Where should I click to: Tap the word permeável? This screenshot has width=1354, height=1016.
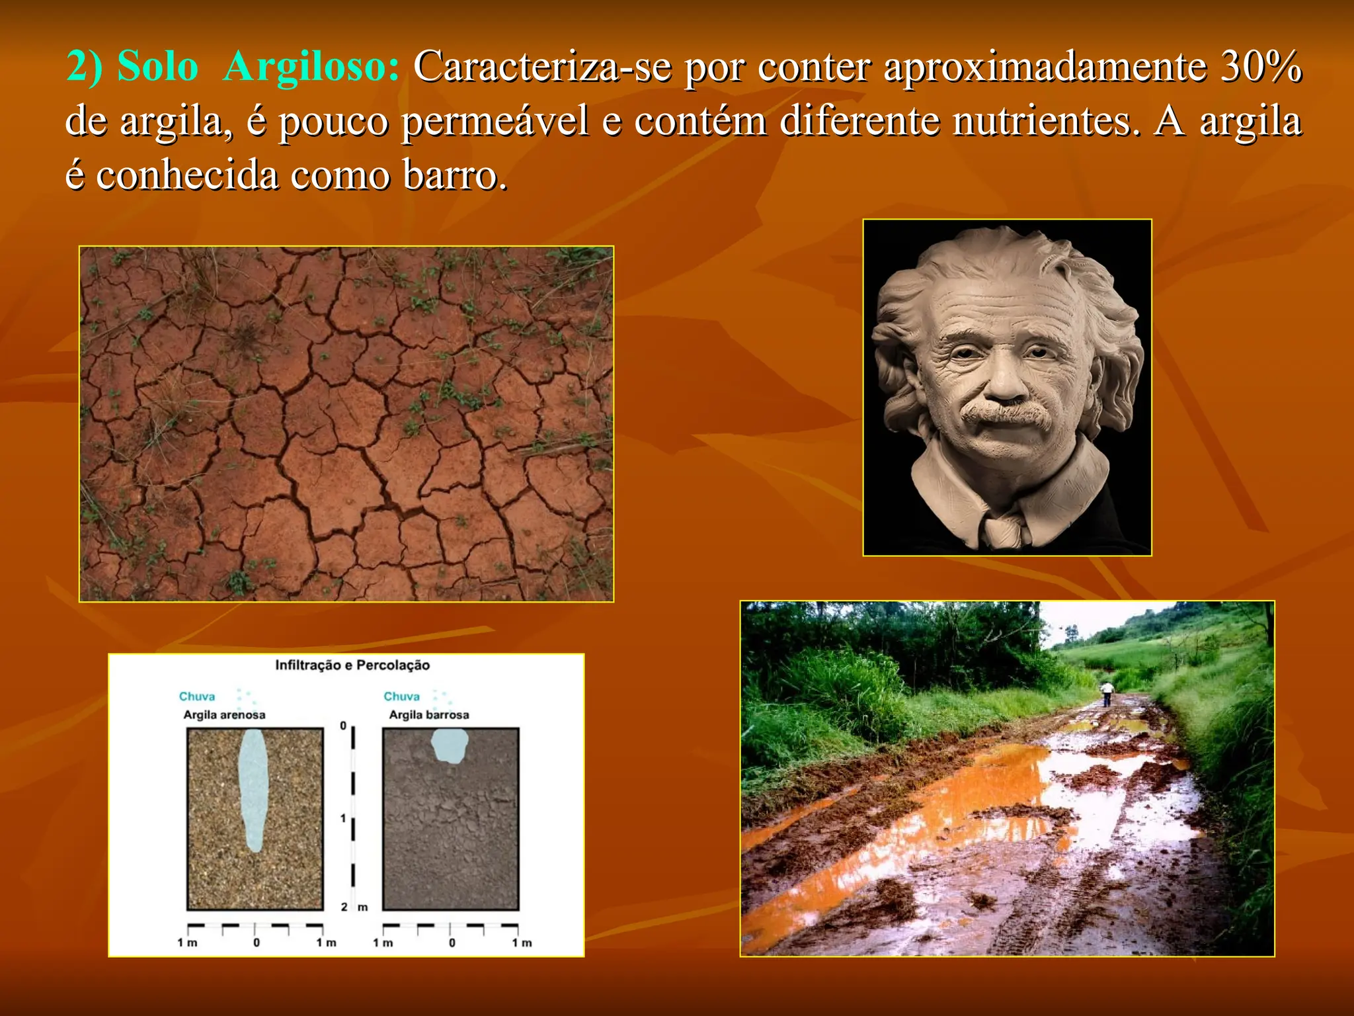[495, 122]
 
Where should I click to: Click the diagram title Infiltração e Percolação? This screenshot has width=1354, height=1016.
[352, 665]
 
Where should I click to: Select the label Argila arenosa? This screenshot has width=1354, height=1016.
[224, 715]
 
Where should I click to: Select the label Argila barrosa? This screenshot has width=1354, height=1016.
[428, 715]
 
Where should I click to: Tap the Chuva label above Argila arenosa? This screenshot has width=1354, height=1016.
[197, 697]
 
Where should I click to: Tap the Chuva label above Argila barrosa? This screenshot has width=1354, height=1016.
[401, 697]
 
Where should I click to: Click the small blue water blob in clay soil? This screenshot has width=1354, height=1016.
[450, 745]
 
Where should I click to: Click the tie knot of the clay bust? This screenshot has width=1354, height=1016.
[1003, 529]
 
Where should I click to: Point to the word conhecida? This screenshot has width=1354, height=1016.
[187, 176]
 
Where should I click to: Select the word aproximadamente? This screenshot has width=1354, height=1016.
[1045, 67]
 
